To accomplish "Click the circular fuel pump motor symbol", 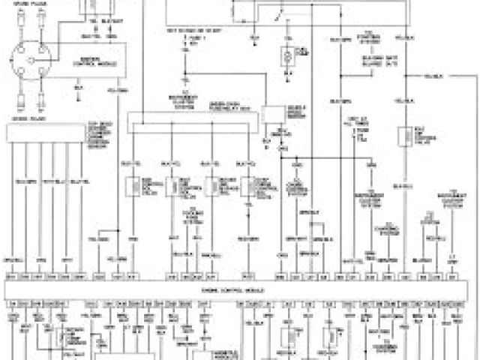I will click(x=286, y=57).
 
